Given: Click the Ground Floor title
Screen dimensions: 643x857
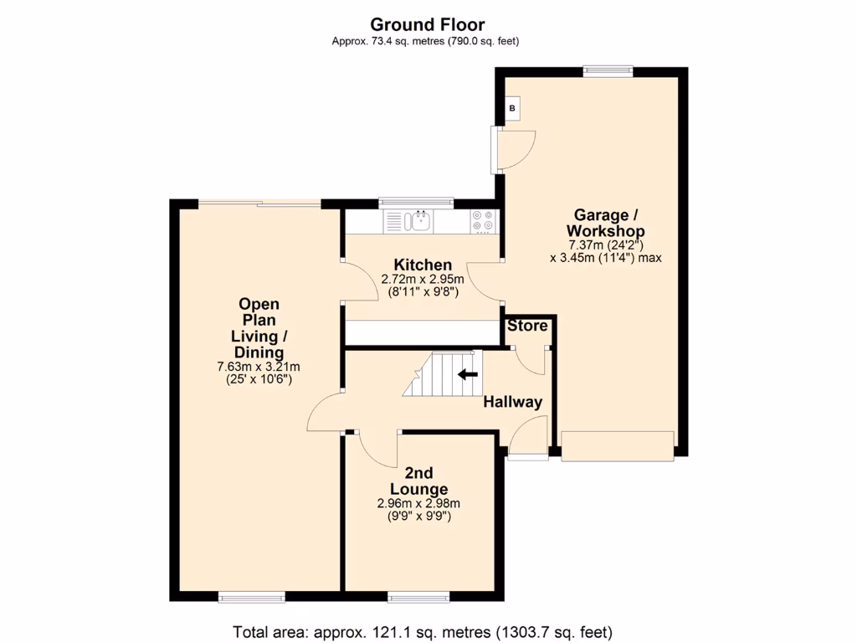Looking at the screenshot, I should [428, 25].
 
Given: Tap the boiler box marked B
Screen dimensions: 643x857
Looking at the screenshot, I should [512, 108].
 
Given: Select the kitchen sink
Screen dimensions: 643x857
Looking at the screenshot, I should [418, 221].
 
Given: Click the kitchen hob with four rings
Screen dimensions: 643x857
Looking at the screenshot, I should [483, 220].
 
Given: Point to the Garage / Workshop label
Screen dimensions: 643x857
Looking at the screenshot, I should [605, 223].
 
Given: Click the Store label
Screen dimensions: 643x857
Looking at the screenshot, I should [527, 326].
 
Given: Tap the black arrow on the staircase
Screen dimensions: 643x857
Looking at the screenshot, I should [467, 374].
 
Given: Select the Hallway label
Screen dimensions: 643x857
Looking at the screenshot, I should [513, 402].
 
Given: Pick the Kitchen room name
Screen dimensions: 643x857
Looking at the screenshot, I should [423, 265].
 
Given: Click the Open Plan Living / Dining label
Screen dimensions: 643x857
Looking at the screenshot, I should [259, 328].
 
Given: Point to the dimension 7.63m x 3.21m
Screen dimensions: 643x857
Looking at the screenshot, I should [259, 366].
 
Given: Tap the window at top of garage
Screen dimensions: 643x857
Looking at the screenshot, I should [608, 71].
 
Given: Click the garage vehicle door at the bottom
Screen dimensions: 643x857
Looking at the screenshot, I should [617, 445].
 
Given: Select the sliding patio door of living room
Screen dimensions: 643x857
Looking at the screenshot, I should [259, 203].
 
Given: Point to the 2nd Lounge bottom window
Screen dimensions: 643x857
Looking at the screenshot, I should [418, 597].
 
